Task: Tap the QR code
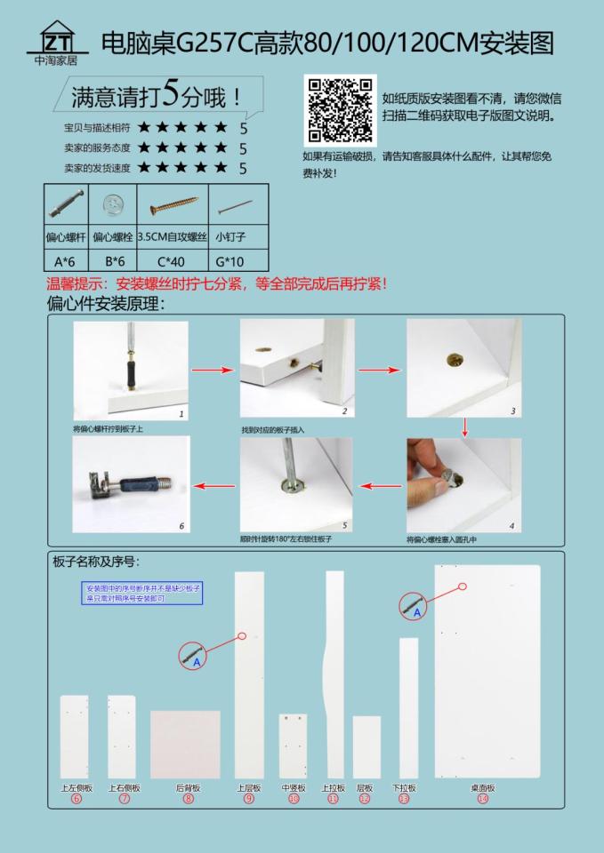[341, 110]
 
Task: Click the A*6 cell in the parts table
[66, 260]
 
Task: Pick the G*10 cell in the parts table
[237, 260]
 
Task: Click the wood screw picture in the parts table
[172, 207]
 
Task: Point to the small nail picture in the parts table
[237, 207]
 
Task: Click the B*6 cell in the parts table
[114, 260]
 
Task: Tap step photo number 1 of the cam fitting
[131, 370]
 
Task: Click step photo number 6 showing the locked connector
[131, 484]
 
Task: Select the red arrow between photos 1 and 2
[213, 370]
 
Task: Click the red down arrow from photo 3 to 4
[463, 429]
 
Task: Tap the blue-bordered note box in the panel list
[143, 594]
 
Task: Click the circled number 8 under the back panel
[188, 799]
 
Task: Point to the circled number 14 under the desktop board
[482, 799]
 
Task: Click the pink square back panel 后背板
[185, 744]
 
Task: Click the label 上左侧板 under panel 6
[76, 787]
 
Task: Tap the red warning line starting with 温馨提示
[216, 286]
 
